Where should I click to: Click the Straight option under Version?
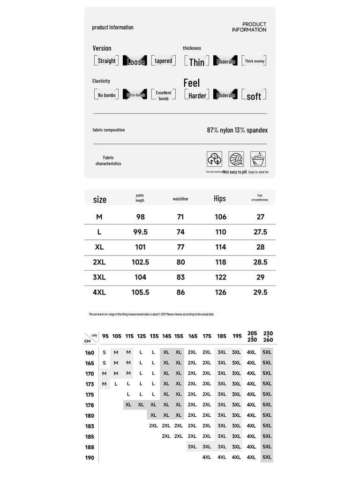[x=106, y=61]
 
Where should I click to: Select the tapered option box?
[x=163, y=61]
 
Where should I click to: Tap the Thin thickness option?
[x=197, y=62]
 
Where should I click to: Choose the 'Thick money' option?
[x=255, y=61]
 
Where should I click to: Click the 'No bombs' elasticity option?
[x=106, y=95]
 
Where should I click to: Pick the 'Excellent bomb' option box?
[x=163, y=95]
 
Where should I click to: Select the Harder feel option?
[x=197, y=96]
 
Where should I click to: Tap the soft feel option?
[x=254, y=96]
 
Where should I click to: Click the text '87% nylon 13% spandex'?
[x=237, y=130]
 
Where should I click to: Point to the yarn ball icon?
[x=236, y=159]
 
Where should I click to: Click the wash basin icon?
[x=258, y=159]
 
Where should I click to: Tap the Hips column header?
[x=220, y=199]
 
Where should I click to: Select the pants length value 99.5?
[x=140, y=232]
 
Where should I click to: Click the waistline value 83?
[x=180, y=277]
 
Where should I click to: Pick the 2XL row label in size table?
[x=99, y=262]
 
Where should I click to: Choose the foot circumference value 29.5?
[x=260, y=292]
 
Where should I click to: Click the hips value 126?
[x=220, y=292]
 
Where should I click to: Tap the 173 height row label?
[x=90, y=384]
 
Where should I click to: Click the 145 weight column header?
[x=166, y=336]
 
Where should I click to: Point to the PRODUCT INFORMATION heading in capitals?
[x=249, y=27]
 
